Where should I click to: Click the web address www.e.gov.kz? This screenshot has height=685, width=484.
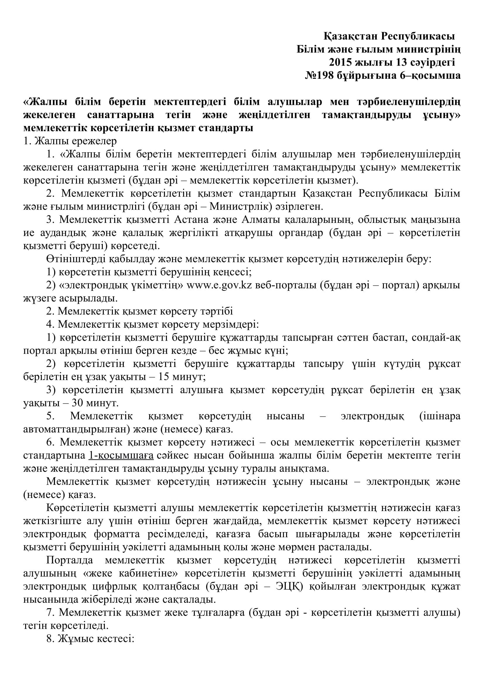pos(219,285)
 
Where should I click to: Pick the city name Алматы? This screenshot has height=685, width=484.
pos(259,220)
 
